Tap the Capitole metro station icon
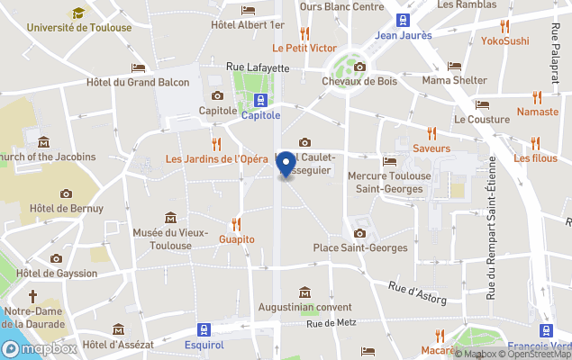coord(260,100)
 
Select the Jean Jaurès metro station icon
coord(403,20)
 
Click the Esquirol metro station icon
coord(204,329)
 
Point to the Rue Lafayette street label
coord(258,66)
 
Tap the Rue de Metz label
coord(332,324)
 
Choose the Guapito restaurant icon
coord(237,223)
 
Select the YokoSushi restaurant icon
coord(504,26)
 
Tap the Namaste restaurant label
coord(538,112)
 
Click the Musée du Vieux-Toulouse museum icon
coord(171,217)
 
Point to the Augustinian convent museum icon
coord(305,292)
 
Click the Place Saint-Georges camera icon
coord(360,232)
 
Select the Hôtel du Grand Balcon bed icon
coord(138,67)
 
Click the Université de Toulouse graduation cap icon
coord(78,13)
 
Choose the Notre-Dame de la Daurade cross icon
coord(32,295)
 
